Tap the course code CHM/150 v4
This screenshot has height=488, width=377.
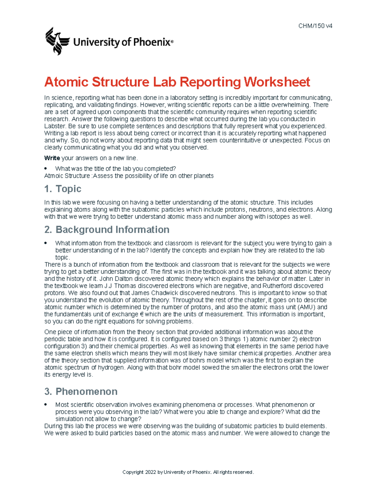point(315,26)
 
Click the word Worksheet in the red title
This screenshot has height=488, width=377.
point(277,82)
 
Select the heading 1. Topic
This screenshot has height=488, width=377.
point(63,189)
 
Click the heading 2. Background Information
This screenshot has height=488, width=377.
point(107,230)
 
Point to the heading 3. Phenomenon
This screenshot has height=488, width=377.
point(81,392)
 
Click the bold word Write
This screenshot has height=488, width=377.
point(52,158)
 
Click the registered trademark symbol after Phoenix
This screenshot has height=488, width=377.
point(172,41)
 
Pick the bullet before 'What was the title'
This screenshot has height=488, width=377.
point(46,168)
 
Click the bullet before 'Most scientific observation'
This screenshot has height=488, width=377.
point(46,404)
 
